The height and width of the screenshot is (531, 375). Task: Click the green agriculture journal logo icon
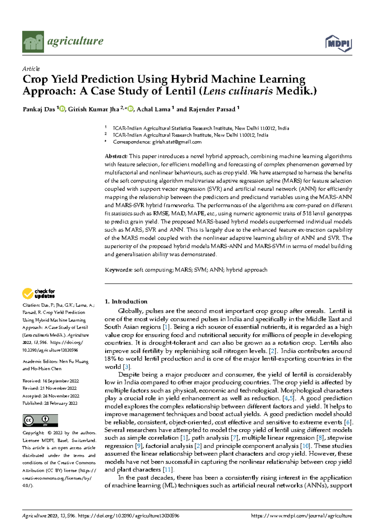click(33, 42)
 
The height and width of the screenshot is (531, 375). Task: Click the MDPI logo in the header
click(338, 43)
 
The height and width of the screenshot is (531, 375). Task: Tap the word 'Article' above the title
click(31, 69)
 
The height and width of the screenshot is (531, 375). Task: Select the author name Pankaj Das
click(39, 109)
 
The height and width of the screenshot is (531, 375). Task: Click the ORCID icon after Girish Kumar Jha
click(130, 109)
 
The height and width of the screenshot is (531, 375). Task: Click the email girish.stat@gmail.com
click(177, 142)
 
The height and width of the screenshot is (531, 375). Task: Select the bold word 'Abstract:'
click(116, 156)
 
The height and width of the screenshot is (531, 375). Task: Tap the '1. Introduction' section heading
click(126, 302)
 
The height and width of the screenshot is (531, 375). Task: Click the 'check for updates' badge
click(38, 294)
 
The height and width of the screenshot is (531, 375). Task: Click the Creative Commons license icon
click(40, 420)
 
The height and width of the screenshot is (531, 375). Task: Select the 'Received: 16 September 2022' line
click(51, 381)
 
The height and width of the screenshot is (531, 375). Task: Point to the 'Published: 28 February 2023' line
click(50, 403)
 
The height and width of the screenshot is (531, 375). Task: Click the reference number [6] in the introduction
click(347, 422)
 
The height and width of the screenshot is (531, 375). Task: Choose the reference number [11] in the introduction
click(168, 470)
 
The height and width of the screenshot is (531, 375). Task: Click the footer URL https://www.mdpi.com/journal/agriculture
click(301, 516)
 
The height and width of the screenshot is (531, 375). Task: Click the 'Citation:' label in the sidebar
click(31, 305)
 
